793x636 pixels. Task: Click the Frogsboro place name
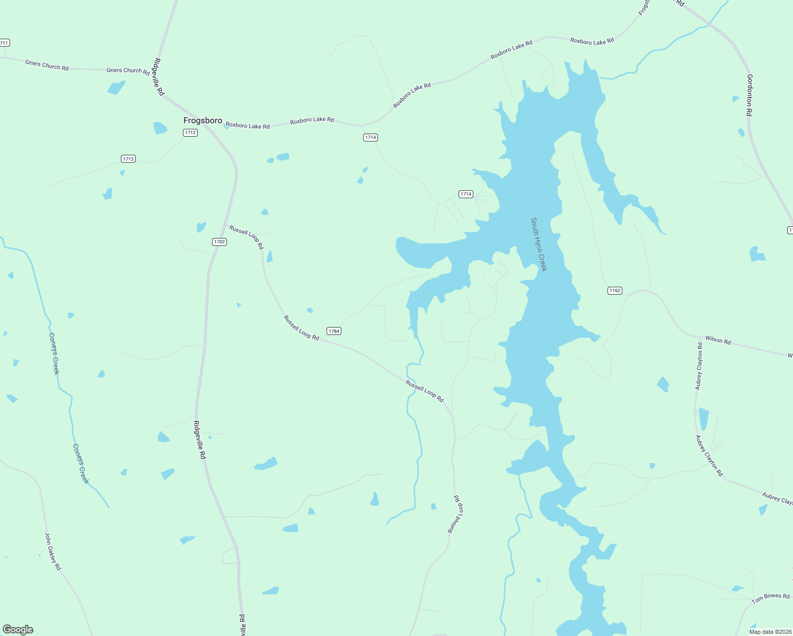202,120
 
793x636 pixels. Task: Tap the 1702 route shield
219,242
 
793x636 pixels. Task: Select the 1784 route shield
333,331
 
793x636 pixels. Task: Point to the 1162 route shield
614,290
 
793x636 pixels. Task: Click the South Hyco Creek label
539,244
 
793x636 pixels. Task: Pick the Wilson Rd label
718,340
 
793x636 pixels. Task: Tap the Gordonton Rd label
750,95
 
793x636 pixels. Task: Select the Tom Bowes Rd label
770,598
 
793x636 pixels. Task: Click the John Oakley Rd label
53,551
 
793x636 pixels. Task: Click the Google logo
18,630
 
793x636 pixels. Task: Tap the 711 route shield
4,42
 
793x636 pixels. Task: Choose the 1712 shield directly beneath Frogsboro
190,132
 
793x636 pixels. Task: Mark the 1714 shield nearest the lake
465,194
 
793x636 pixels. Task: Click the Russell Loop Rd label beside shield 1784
301,328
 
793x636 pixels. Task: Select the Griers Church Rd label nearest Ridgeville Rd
128,70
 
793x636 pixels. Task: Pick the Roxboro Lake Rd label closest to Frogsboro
248,126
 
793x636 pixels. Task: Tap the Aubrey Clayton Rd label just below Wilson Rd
699,366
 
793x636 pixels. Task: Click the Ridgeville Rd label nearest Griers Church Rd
159,76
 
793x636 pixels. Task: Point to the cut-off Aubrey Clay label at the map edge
777,499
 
